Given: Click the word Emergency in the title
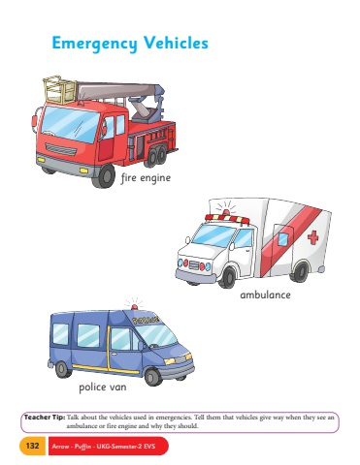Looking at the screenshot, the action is tap(94, 44).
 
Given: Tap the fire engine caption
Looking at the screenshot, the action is tap(146, 178).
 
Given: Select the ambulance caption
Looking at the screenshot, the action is tap(265, 294).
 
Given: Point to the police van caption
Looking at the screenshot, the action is tap(103, 387).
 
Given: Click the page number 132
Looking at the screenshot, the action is tap(32, 446).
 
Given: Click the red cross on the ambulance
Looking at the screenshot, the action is tap(312, 237).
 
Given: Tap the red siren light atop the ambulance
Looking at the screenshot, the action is tap(226, 212).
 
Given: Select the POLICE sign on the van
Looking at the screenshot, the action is tap(147, 320).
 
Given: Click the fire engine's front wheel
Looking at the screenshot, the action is tap(104, 176).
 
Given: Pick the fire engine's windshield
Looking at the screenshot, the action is tap(70, 123).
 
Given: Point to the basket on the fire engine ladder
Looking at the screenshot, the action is tap(60, 90).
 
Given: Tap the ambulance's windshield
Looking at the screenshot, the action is tap(213, 235).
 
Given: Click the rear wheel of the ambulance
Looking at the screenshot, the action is tap(301, 271).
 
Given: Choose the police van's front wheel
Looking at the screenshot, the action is tap(153, 376).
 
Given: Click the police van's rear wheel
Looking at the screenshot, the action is tap(63, 370).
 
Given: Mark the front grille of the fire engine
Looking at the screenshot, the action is tap(61, 149).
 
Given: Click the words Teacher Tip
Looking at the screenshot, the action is tap(45, 417).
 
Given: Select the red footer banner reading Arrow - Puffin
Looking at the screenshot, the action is tap(109, 446).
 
